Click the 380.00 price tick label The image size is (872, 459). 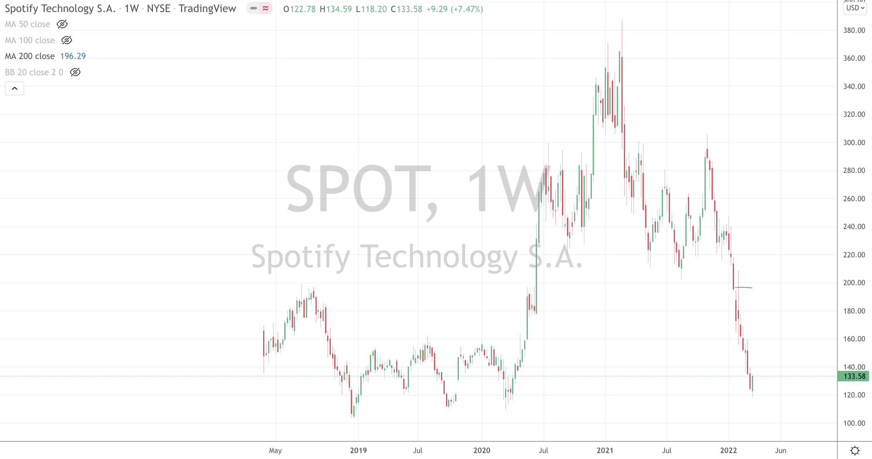pos(854,30)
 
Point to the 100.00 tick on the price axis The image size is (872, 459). pos(854,423)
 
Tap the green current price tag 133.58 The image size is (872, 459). pos(854,376)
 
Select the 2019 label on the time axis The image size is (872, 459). pos(358,450)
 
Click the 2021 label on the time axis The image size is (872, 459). pos(605,450)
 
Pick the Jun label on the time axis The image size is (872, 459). pos(780,450)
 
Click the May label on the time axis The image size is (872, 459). pos(275,450)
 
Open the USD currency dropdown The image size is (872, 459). pos(855,8)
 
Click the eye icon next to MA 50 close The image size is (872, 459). pos(62,24)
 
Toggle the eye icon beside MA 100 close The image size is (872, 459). pos(67,40)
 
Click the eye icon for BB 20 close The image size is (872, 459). pos(75,72)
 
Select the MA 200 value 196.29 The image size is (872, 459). pos(73,56)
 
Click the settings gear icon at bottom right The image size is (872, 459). pos(855,450)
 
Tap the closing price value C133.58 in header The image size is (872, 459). pos(406,9)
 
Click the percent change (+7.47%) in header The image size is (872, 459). pos(467,9)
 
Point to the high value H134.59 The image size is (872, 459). pos(336,9)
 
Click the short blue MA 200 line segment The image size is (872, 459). pos(744,287)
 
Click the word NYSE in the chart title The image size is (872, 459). pos(158,9)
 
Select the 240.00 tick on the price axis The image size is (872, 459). pos(854,227)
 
